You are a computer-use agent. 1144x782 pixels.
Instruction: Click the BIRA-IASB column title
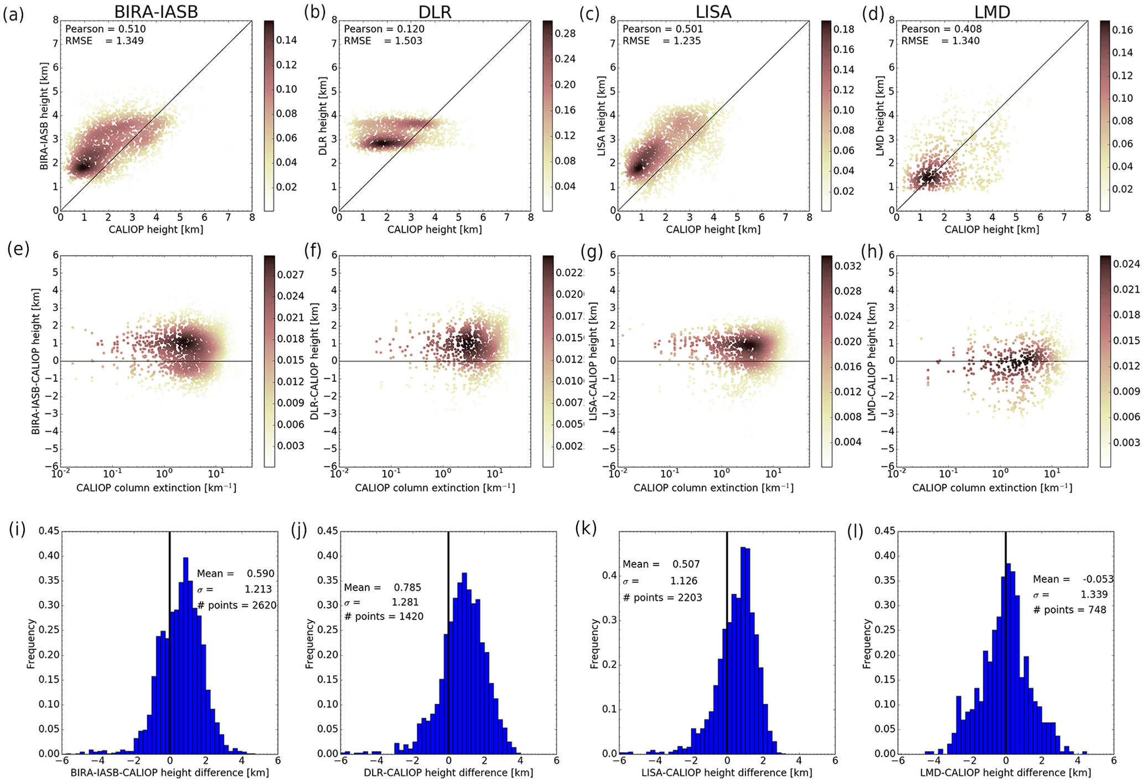[x=156, y=12]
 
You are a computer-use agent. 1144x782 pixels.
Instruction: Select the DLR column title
[x=435, y=12]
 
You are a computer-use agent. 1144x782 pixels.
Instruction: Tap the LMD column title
[x=992, y=12]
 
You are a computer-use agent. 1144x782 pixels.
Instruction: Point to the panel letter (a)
[x=13, y=15]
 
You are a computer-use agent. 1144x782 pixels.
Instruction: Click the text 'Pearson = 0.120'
[x=384, y=29]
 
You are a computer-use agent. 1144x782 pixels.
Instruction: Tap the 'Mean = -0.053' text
[x=1073, y=579]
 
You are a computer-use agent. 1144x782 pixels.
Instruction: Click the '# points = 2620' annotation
[x=236, y=605]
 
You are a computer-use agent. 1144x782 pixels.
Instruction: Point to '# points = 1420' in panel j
[x=384, y=617]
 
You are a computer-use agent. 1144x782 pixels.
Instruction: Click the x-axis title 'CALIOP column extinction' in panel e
[x=156, y=488]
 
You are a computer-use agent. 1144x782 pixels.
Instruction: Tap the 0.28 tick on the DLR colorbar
[x=565, y=33]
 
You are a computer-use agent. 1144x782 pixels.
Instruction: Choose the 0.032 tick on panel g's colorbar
[x=847, y=266]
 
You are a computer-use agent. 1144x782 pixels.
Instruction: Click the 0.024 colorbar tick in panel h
[x=1126, y=264]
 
